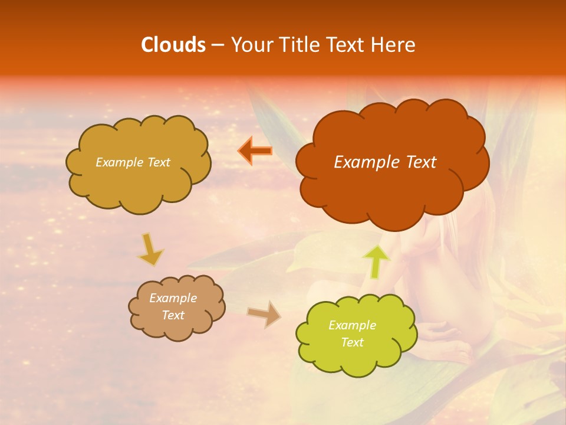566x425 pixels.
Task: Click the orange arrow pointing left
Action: (255, 151)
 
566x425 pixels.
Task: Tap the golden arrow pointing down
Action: (151, 249)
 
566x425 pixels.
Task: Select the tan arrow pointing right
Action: (264, 313)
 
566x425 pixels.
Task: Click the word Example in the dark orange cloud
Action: (368, 162)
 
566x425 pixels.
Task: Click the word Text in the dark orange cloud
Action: (420, 162)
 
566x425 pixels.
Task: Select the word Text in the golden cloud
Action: (157, 162)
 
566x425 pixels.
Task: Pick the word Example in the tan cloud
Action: (173, 298)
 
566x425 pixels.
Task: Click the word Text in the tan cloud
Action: (173, 315)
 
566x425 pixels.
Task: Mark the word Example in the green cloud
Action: (352, 325)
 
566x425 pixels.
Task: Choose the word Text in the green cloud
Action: (352, 342)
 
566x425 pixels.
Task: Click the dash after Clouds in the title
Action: (216, 45)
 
